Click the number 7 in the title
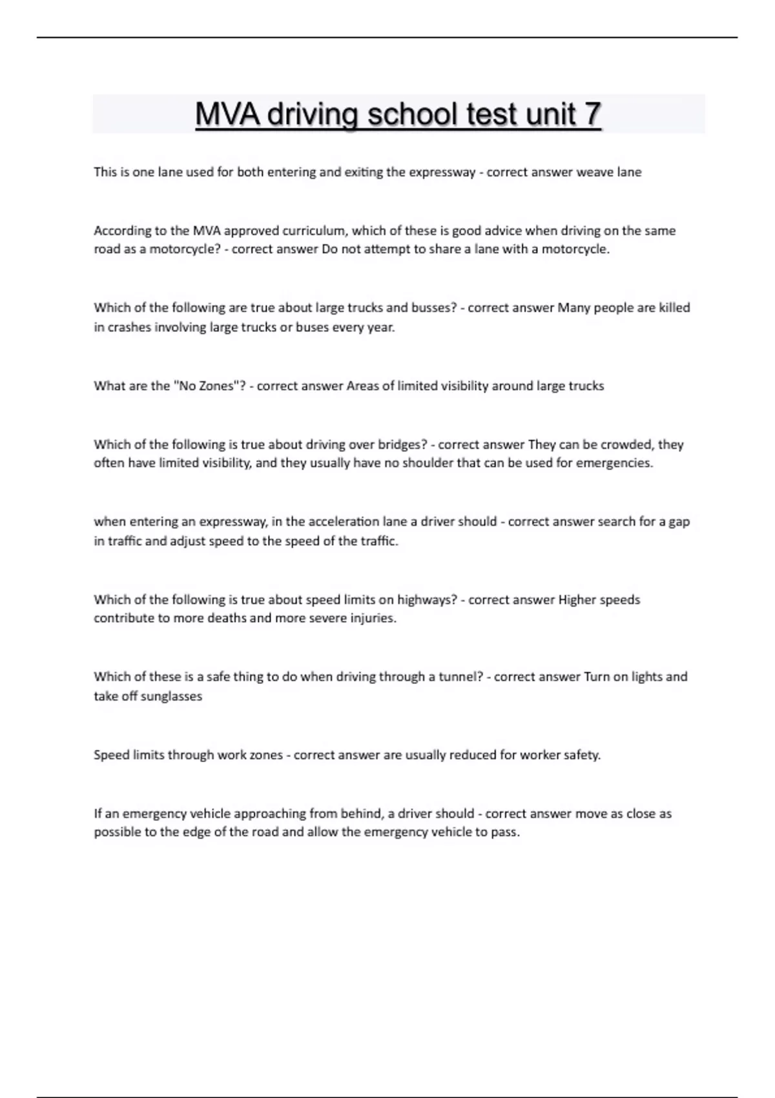coord(592,114)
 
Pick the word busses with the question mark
coord(434,307)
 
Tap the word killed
coord(674,307)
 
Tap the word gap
coord(679,522)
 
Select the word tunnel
coord(460,677)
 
